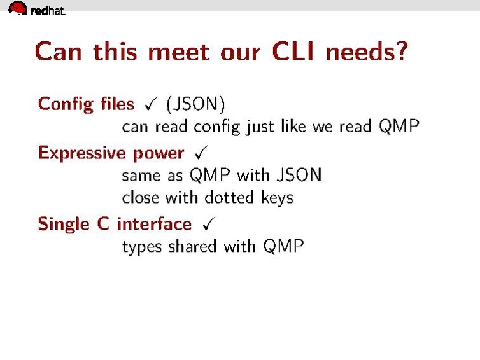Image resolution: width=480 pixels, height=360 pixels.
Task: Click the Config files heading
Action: [86, 104]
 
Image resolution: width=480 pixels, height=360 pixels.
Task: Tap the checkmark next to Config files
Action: [152, 104]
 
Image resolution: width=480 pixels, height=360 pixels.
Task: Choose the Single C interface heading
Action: [115, 224]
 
